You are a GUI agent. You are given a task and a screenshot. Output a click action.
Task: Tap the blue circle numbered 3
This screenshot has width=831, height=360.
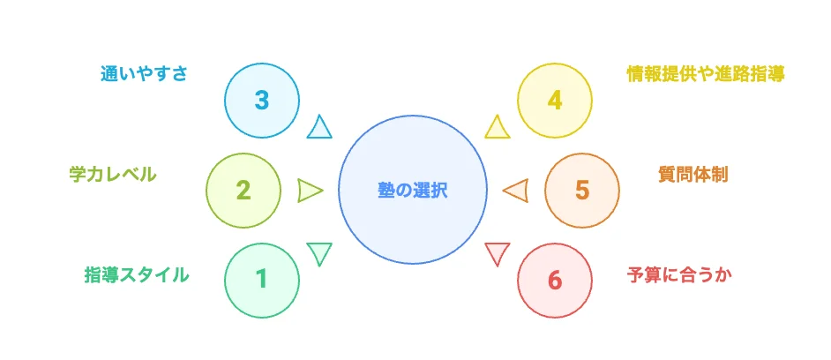[x=261, y=100]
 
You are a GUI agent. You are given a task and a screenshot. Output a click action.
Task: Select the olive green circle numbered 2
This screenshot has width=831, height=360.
[x=243, y=190]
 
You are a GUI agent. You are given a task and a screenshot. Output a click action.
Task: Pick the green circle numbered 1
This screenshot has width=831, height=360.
[x=261, y=280]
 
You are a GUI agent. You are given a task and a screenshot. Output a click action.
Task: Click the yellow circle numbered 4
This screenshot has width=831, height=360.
[x=554, y=100]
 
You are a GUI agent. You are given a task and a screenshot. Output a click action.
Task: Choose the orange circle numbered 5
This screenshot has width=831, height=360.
[x=581, y=190]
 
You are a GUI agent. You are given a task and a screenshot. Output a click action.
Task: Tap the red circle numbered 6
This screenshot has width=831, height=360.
[x=554, y=280]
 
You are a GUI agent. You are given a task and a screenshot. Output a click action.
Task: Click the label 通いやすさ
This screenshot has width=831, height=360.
[x=144, y=73]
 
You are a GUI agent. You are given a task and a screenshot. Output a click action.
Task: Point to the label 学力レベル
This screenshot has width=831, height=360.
[x=113, y=174]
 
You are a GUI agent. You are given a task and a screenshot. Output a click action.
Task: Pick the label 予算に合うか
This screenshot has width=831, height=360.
[x=679, y=274]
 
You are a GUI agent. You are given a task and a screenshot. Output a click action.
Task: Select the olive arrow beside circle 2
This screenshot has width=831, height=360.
[x=309, y=190]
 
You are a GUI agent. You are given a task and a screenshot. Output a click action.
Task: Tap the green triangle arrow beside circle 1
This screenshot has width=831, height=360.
[x=319, y=252]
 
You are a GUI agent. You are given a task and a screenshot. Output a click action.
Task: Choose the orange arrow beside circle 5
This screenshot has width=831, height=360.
[x=516, y=190]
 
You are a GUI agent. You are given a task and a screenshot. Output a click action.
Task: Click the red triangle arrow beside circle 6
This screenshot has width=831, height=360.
[x=498, y=252]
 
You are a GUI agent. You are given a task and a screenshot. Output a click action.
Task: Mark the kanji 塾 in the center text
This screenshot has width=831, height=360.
[x=386, y=190]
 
